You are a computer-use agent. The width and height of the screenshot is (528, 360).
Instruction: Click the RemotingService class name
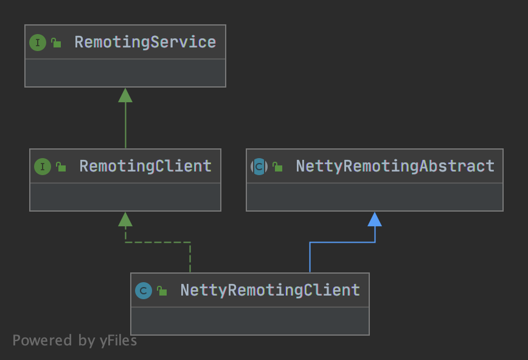[145, 43]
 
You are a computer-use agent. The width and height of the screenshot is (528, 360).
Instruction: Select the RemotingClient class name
[145, 167]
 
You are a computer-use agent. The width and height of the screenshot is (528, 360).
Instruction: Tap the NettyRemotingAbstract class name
[395, 167]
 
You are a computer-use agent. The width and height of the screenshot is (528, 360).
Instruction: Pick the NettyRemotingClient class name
[270, 290]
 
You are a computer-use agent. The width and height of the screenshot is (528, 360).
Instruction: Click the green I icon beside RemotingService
[38, 43]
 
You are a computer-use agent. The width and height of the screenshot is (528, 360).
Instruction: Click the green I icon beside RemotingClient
[43, 167]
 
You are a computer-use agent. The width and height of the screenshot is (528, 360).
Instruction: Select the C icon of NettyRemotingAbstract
[259, 167]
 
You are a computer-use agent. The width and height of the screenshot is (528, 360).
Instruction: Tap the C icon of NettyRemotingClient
[144, 291]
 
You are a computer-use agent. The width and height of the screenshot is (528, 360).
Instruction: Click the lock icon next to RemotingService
[56, 43]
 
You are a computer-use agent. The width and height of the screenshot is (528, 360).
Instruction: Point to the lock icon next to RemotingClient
[61, 167]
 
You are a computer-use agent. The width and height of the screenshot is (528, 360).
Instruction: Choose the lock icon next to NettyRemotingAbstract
[277, 167]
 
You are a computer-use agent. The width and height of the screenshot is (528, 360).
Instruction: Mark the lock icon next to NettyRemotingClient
[162, 291]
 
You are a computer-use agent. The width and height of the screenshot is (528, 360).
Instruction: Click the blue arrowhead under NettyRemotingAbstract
[375, 220]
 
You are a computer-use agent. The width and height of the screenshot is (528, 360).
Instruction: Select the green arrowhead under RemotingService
[125, 95]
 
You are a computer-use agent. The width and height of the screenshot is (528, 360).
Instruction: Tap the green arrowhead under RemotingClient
[125, 220]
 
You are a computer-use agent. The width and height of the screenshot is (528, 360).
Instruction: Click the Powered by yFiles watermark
[75, 341]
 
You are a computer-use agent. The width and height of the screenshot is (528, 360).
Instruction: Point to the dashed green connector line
[158, 242]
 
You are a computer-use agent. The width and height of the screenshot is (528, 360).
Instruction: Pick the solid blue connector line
[342, 242]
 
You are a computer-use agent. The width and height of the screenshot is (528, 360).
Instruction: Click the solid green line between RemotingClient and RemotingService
[125, 125]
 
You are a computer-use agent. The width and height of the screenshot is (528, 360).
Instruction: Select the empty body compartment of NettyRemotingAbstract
[375, 197]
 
